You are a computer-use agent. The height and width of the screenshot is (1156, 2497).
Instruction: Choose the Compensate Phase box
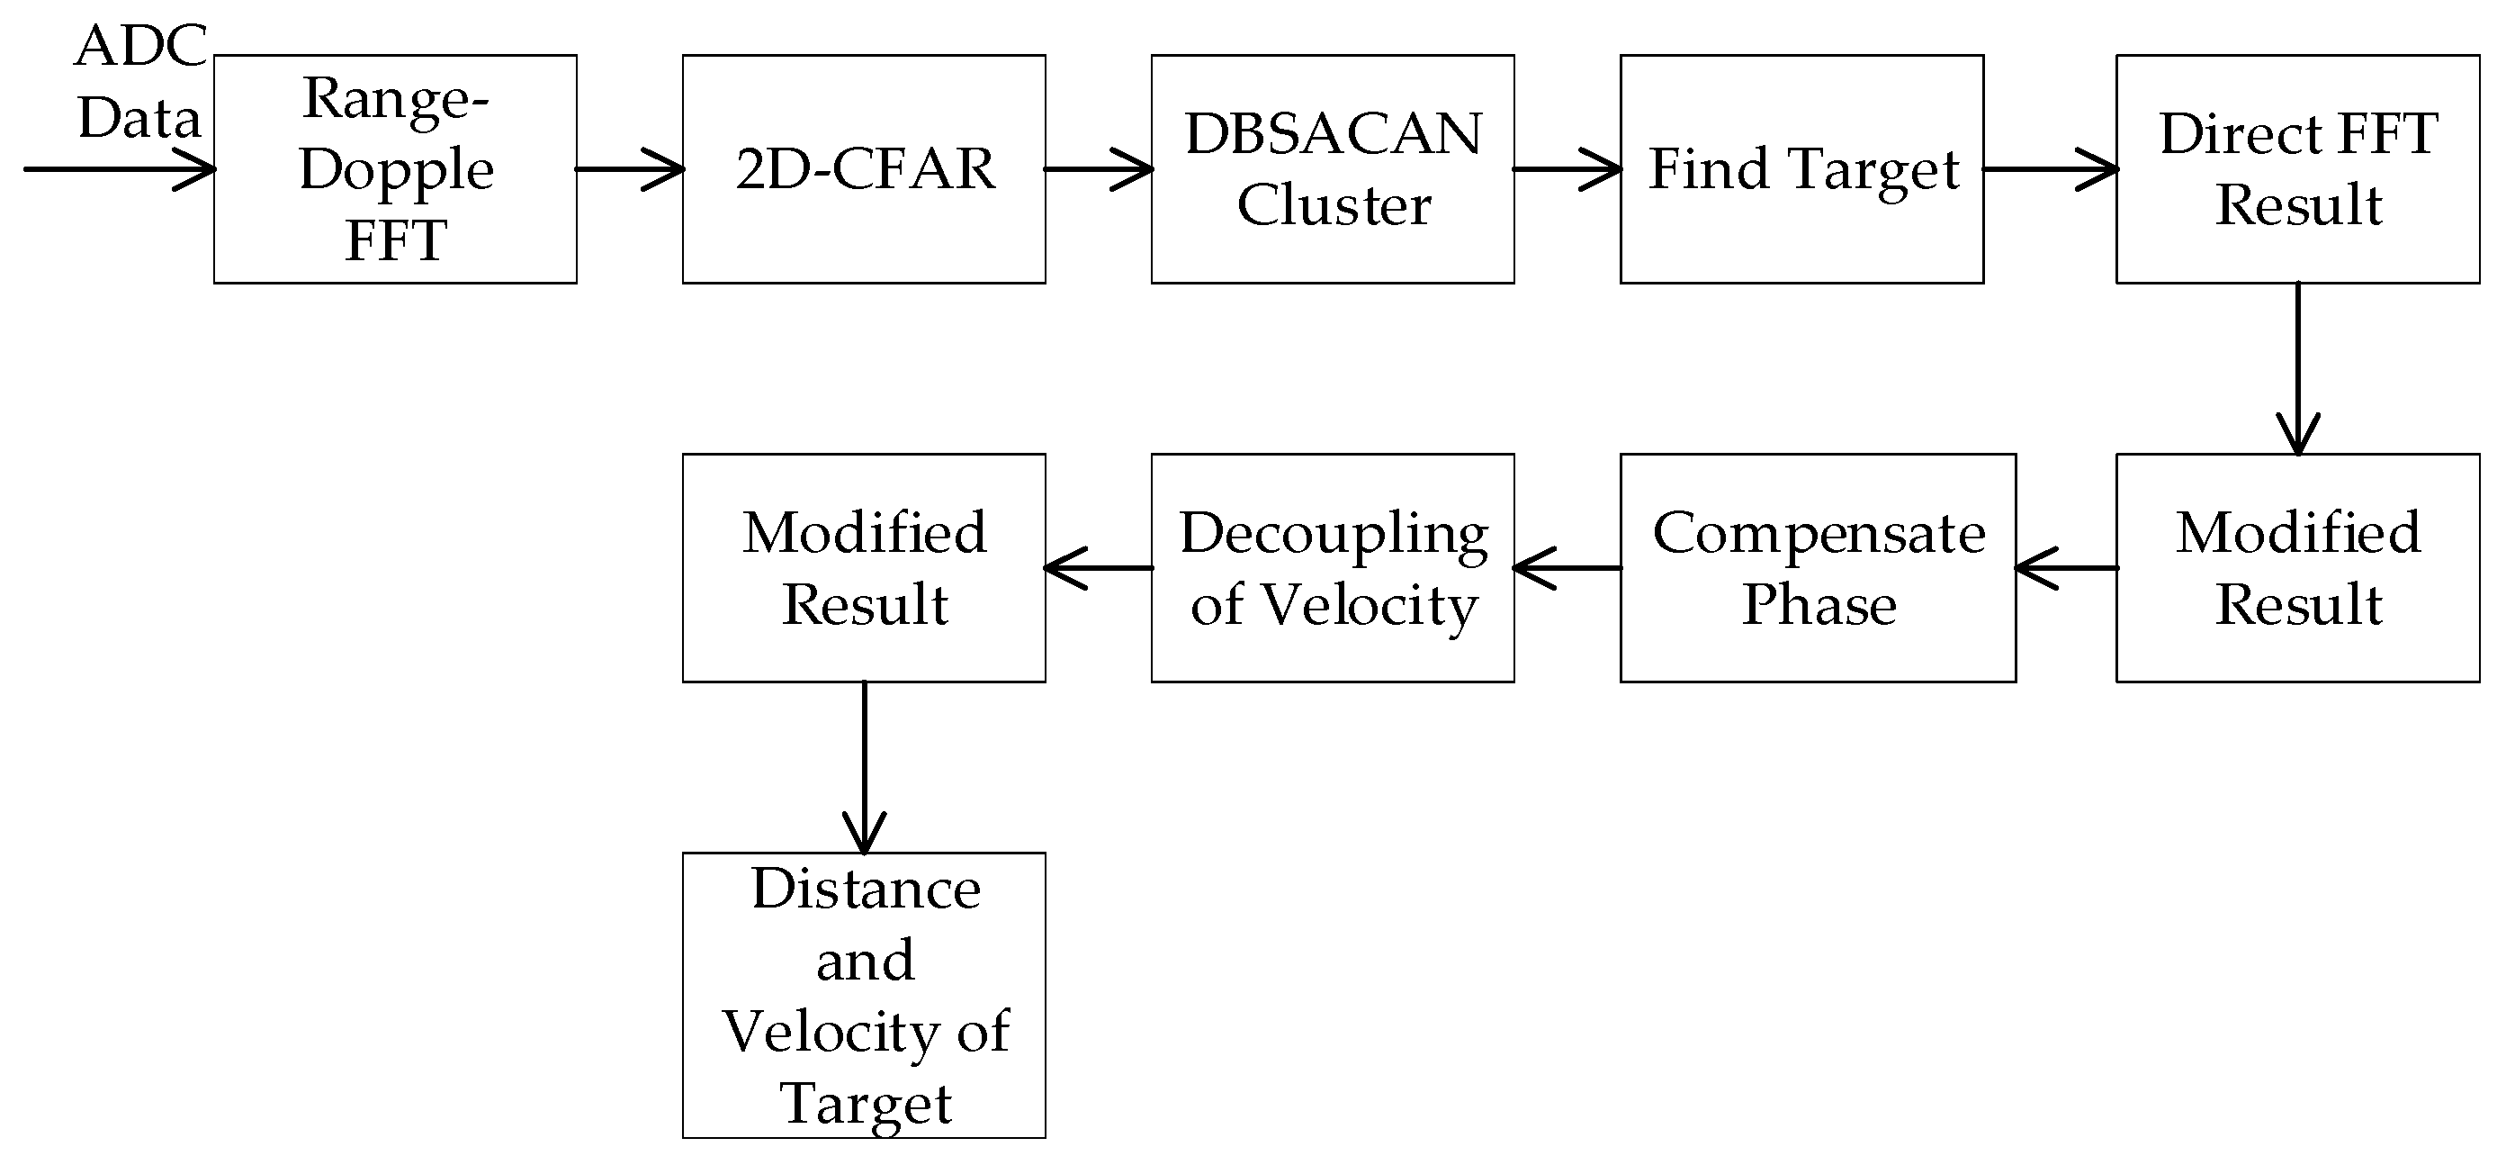1818,567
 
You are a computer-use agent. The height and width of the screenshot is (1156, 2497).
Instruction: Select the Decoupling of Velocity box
1333,567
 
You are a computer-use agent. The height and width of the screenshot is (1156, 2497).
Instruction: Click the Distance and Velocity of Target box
864,995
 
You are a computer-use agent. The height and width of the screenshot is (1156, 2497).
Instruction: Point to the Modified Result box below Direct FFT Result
2297,567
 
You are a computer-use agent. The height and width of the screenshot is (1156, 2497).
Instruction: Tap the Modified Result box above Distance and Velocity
864,567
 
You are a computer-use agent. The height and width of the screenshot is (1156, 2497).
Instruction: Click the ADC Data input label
140,83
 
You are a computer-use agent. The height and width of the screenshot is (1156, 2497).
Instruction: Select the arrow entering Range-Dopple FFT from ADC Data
116,170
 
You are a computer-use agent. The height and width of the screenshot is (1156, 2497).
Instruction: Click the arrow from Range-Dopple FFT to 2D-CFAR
630,170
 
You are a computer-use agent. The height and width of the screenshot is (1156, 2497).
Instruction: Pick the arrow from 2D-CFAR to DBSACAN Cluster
1099,170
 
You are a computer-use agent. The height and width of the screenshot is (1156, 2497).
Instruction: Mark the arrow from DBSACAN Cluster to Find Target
1567,170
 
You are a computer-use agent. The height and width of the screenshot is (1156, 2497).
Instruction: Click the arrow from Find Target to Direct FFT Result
2049,170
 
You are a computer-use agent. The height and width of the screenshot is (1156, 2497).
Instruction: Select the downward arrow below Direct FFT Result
2297,368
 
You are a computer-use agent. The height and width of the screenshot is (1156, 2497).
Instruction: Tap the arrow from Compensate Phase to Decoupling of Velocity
1567,568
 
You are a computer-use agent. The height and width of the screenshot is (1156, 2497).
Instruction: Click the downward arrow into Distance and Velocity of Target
864,766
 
